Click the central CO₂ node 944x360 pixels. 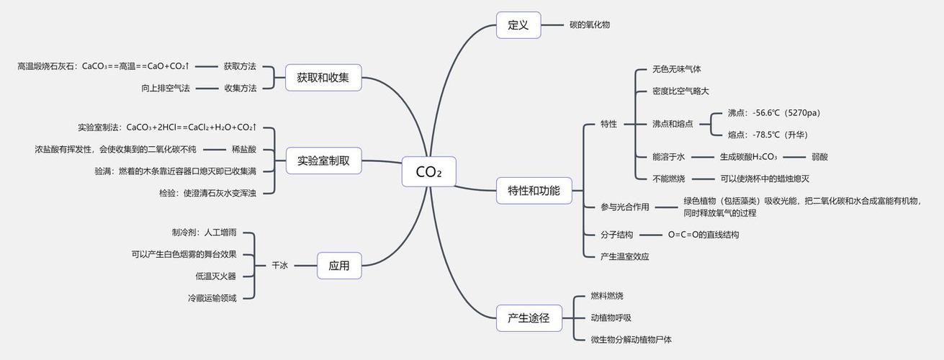click(428, 172)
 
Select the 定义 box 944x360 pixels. click(518, 25)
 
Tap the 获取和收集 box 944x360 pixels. click(323, 77)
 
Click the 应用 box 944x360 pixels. click(339, 266)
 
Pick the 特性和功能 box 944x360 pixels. click(534, 191)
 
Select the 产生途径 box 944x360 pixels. click(534, 318)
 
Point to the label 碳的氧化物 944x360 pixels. click(590, 25)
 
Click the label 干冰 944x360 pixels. click(279, 266)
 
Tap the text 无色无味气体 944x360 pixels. click(676, 70)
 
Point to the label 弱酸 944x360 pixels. click(819, 156)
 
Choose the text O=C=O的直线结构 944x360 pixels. click(703, 235)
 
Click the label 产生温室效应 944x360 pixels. click(624, 256)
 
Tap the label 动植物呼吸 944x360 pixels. click(611, 318)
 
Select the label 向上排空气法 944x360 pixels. click(166, 88)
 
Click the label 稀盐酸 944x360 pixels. click(243, 149)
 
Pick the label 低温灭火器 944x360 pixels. click(215, 276)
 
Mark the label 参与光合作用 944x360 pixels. click(624, 207)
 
